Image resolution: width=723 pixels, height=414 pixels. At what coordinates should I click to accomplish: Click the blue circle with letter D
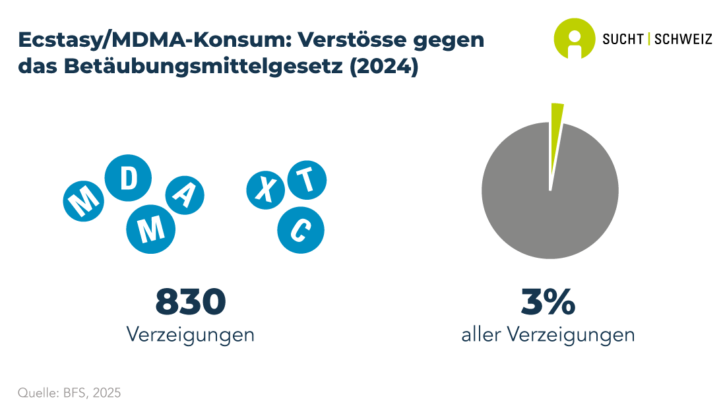(129, 177)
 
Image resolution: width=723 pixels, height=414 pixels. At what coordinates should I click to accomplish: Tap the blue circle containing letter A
(184, 194)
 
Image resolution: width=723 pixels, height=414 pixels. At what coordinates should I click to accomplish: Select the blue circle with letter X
(265, 190)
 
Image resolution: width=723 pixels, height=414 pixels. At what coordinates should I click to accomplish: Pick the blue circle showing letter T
(305, 179)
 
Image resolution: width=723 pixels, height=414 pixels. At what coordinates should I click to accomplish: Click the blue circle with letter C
(300, 229)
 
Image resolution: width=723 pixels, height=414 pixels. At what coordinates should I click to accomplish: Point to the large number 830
(191, 302)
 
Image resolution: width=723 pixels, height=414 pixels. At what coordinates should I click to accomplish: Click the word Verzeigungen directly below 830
(191, 334)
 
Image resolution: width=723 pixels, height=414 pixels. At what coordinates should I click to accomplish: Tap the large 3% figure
(548, 302)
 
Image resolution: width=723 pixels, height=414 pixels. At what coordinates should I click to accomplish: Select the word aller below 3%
(480, 334)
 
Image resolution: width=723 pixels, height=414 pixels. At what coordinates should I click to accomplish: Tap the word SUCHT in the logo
(623, 39)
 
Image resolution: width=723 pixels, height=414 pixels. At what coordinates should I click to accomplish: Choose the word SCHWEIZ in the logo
(683, 39)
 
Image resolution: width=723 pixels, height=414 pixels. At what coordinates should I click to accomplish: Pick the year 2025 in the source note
(107, 393)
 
